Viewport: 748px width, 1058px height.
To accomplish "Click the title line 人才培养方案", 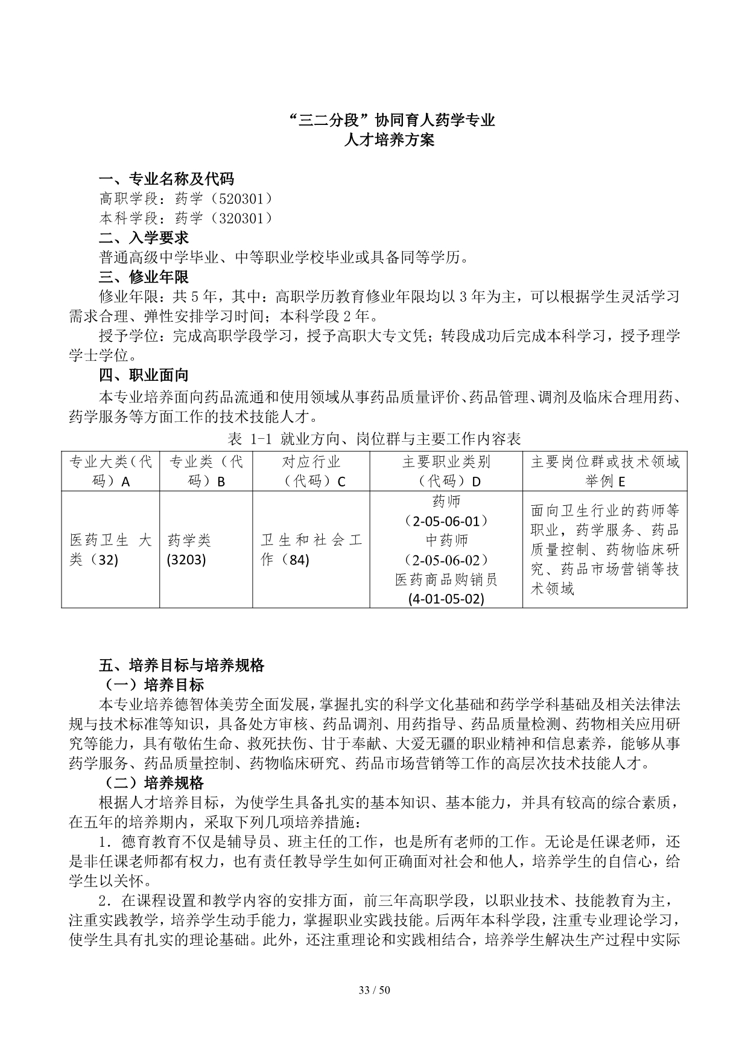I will pyautogui.click(x=388, y=141).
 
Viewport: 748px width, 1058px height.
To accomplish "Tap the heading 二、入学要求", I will pyautogui.click(x=144, y=238).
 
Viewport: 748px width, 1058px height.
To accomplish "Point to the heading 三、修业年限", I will pyautogui.click(x=144, y=277).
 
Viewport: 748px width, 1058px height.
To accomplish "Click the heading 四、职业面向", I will pyautogui.click(x=144, y=375).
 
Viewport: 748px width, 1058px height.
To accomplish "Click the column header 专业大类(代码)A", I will pyautogui.click(x=110, y=471).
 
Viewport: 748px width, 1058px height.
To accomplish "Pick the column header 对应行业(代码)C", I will pyautogui.click(x=311, y=471).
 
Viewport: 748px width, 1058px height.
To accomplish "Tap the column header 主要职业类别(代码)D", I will pyautogui.click(x=446, y=471).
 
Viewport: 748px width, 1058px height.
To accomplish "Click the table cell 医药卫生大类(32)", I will pyautogui.click(x=110, y=550).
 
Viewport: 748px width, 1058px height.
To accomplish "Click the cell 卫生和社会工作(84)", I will pyautogui.click(x=311, y=550).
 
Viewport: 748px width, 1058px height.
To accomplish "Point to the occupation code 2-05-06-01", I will pyautogui.click(x=446, y=521).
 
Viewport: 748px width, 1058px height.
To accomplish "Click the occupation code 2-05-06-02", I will pyautogui.click(x=446, y=560).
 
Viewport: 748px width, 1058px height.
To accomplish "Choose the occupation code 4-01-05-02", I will pyautogui.click(x=446, y=599).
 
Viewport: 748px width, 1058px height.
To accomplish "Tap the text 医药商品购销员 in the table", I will pyautogui.click(x=446, y=580).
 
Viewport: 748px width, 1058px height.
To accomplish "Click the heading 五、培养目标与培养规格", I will pyautogui.click(x=182, y=666).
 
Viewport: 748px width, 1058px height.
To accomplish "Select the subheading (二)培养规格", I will pyautogui.click(x=154, y=783).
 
